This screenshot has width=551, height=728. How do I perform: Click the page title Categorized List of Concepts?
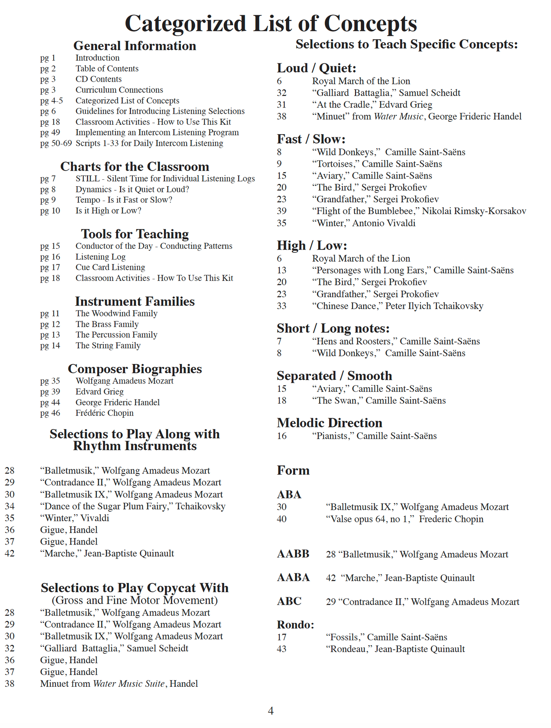[271, 24]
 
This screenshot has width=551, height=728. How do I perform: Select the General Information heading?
[135, 46]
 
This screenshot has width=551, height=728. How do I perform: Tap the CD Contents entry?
[98, 79]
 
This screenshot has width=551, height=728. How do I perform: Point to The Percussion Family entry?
[116, 335]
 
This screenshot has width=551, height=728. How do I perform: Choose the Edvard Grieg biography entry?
[100, 391]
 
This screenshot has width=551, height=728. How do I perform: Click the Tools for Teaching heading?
[135, 234]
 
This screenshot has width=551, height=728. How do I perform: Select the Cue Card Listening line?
[110, 267]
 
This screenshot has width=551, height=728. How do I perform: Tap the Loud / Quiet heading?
[316, 68]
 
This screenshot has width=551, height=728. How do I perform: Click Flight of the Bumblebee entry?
[419, 211]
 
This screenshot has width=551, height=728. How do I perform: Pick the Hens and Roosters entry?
[396, 341]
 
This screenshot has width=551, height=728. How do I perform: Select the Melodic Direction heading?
[329, 423]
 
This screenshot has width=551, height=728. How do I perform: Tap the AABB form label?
[293, 554]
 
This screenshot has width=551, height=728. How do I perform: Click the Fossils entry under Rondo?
[386, 637]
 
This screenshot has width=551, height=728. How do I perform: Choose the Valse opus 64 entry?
[404, 519]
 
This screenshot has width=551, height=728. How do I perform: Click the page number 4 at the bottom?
[271, 710]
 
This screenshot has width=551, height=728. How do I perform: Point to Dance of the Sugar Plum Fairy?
[133, 506]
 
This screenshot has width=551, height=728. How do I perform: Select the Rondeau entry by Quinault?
[395, 649]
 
